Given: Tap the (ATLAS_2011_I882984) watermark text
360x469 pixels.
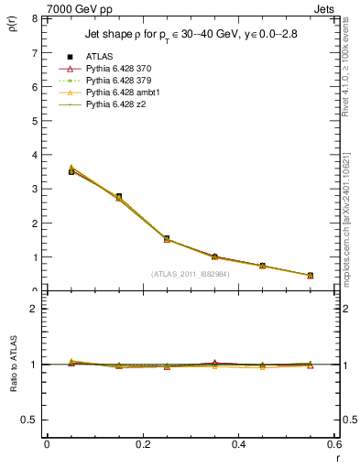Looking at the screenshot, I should point(191,274).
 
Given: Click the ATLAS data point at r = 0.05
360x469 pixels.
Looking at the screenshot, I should point(71,171).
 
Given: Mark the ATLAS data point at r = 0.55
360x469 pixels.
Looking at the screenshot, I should point(311,276).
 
